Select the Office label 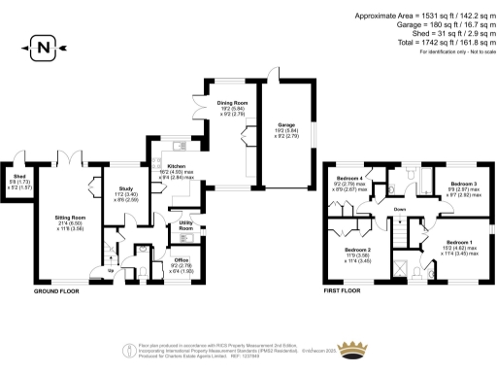coord(181,260)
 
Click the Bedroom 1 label coord(459,242)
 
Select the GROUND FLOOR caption coord(56,290)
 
